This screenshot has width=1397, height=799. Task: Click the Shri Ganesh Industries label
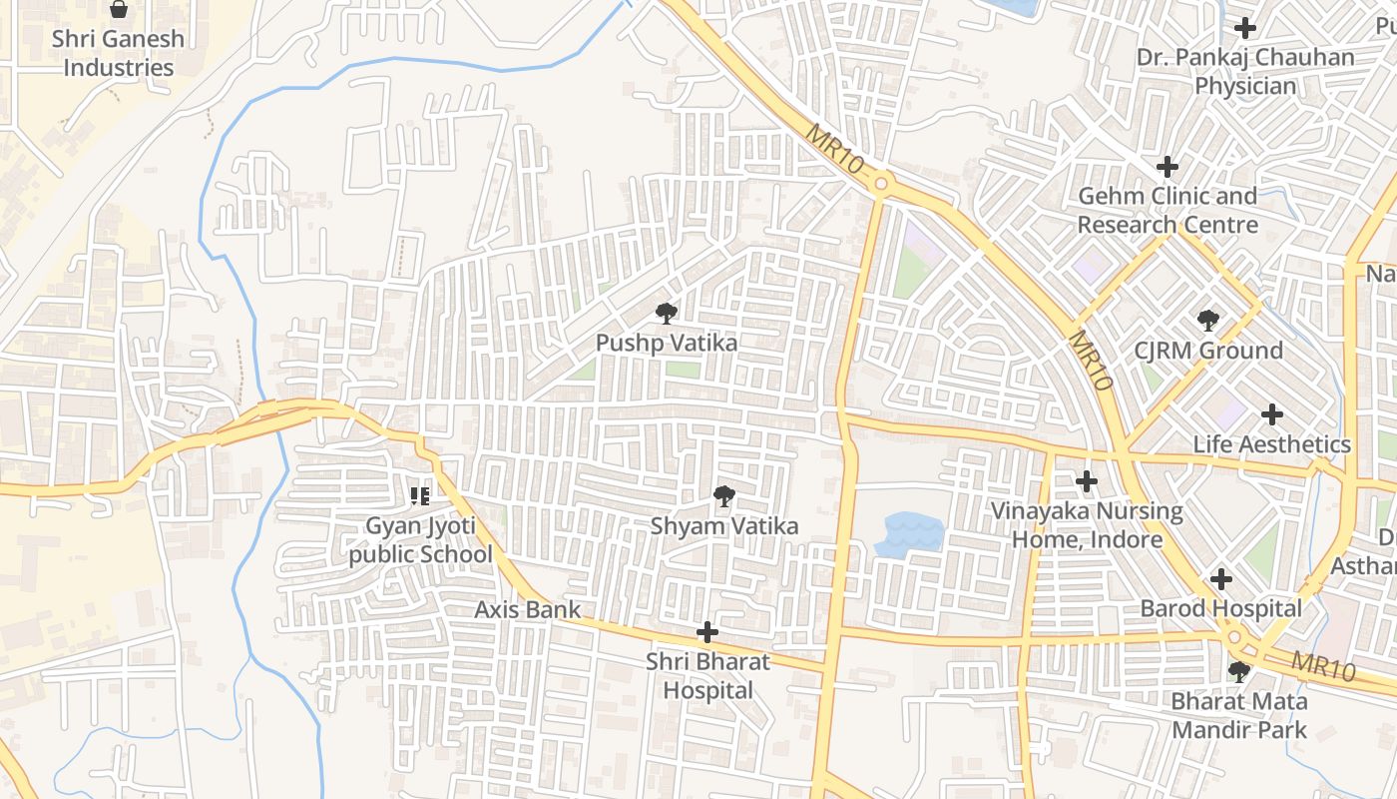118,54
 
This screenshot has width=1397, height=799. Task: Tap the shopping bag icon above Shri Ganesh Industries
119,10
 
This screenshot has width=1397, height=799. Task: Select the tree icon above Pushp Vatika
666,315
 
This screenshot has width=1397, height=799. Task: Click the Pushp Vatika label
667,344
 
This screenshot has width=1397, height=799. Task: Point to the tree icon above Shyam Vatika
724,496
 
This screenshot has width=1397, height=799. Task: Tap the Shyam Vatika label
724,525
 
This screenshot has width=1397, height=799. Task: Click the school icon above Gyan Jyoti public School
420,495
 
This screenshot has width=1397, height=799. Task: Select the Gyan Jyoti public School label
420,540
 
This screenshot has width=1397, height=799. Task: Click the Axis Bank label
527,609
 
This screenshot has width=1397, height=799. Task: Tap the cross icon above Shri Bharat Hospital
707,632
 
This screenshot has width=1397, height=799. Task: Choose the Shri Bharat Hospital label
707,676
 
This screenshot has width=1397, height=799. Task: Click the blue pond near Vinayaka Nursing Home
909,533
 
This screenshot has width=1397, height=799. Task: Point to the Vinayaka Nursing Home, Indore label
1087,526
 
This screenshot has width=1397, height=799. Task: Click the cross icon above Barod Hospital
1221,579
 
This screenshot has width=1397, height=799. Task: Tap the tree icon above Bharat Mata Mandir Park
1239,672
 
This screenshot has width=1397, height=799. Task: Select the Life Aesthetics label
1272,444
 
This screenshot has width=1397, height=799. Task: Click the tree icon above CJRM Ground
1208,321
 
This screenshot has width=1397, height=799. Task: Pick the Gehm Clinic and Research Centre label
1167,211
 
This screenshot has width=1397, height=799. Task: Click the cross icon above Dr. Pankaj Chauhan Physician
1245,28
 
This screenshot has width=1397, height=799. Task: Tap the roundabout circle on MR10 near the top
880,184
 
